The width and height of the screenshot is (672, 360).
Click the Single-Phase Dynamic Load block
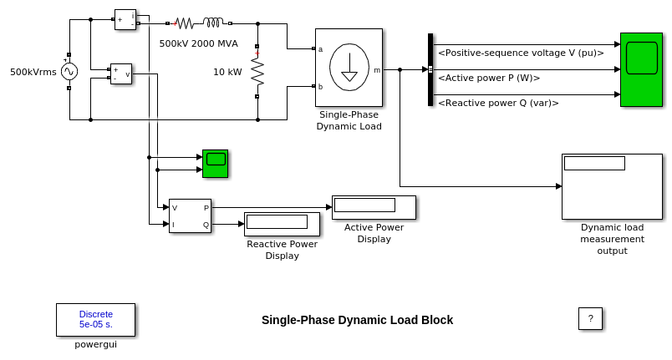[349, 68]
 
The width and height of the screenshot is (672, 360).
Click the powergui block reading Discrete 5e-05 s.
[95, 319]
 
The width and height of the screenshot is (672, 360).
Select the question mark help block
[590, 318]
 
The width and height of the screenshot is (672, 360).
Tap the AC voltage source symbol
[69, 72]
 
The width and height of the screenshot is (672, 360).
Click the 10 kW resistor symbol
[257, 72]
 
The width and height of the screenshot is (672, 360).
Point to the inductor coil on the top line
[213, 23]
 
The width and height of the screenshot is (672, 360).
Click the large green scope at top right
[641, 69]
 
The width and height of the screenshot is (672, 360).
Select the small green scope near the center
[215, 163]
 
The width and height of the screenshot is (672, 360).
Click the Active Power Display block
[374, 207]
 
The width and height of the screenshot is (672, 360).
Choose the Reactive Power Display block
[282, 224]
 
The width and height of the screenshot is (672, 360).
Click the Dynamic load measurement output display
[612, 186]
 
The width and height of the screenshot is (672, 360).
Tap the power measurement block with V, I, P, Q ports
[190, 215]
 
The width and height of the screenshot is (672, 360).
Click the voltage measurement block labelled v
[121, 74]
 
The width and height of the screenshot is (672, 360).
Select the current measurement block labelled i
[125, 19]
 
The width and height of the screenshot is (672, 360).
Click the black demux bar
[430, 69]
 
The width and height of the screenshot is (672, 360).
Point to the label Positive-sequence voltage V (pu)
[521, 53]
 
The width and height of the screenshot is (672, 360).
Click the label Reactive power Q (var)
[498, 103]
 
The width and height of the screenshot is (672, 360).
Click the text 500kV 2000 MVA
[198, 43]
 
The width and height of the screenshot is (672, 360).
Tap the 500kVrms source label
[33, 72]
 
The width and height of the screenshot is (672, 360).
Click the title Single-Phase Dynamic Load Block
[357, 320]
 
